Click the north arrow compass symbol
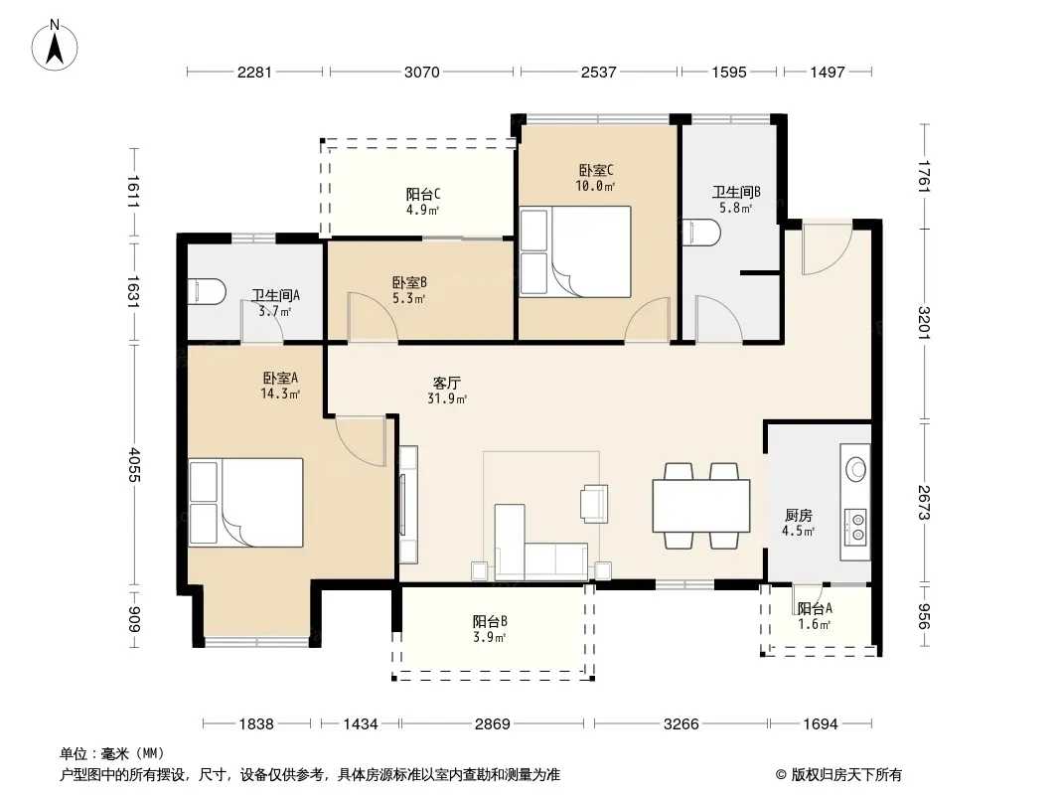click(55, 46)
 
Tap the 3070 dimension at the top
click(421, 72)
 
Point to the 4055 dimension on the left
click(134, 464)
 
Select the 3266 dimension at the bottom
click(681, 724)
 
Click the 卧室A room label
click(280, 379)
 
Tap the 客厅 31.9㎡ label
click(446, 391)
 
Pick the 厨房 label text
click(799, 516)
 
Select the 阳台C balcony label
click(423, 195)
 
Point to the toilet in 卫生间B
click(701, 233)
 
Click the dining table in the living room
click(701, 505)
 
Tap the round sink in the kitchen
click(856, 469)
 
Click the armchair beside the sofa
click(594, 503)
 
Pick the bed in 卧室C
click(575, 252)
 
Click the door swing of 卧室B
click(373, 316)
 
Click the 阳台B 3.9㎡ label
click(490, 629)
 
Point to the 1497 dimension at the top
click(828, 72)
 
